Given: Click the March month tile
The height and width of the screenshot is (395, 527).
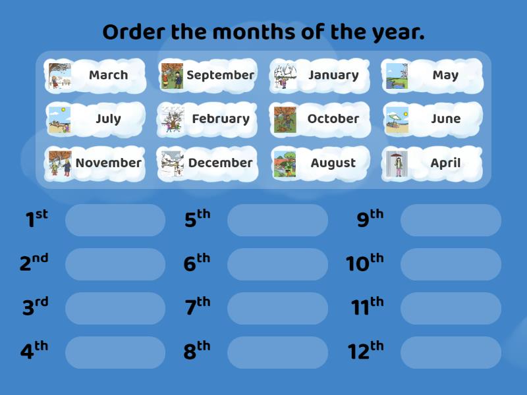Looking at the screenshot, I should [x=96, y=75].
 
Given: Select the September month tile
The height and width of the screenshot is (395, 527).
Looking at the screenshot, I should [x=208, y=75].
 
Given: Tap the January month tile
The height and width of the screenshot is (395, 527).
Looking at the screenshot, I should [x=319, y=75].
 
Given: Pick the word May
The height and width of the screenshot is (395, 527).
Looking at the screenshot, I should [x=445, y=75].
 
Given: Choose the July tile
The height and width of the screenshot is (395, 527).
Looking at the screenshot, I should [x=96, y=119].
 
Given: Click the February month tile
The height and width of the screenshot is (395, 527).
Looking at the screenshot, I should [x=208, y=119].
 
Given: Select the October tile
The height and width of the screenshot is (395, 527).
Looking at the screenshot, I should [x=319, y=119].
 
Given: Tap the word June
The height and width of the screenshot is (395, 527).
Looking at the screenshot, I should [x=445, y=119].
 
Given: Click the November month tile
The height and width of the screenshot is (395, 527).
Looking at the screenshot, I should [x=96, y=163].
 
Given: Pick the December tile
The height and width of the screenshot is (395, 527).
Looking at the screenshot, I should [x=208, y=163].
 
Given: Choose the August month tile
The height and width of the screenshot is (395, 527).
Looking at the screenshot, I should [x=319, y=163].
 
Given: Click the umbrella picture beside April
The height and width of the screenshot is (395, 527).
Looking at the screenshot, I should [x=397, y=163].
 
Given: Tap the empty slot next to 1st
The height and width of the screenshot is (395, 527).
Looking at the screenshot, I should [x=115, y=220].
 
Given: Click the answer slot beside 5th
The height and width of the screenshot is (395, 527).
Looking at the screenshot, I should [x=277, y=220].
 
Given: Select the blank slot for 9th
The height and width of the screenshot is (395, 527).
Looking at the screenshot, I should [x=451, y=220].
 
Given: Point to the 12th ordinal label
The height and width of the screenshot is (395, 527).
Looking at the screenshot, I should [x=366, y=351].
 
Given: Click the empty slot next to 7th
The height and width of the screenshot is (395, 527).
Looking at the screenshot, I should [x=277, y=308].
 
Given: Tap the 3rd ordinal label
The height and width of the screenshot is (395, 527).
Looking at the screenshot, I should [x=35, y=307].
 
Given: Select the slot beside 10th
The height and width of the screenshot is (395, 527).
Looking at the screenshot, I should [x=451, y=264].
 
